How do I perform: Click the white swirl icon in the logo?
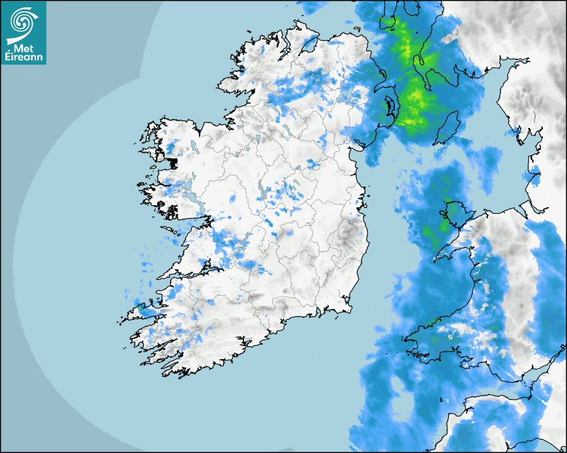coord(23,22)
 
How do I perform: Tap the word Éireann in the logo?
coord(25,57)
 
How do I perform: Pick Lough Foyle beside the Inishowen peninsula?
coord(308,43)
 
